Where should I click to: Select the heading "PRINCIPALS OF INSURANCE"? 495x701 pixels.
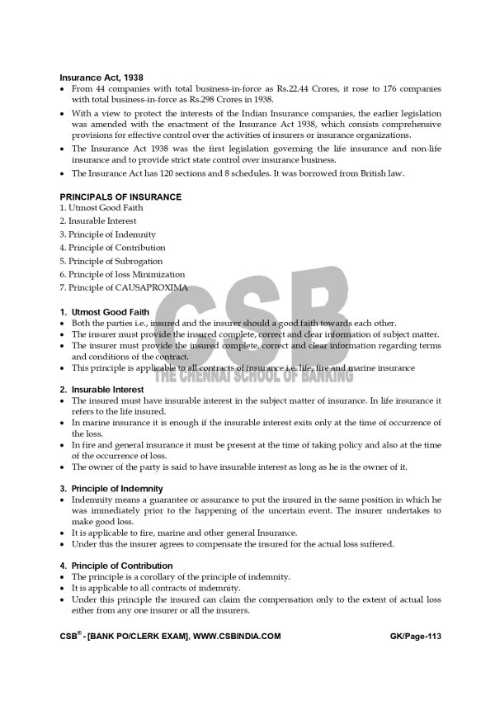120,197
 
